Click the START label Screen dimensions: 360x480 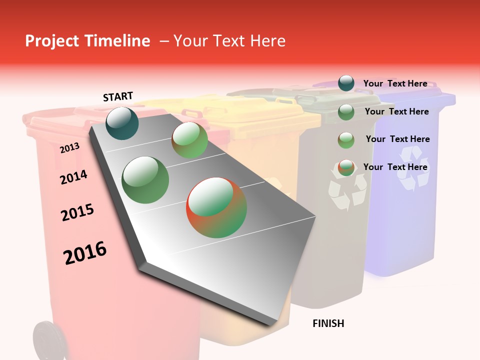tap(118, 96)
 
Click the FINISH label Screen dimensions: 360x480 tap(328, 323)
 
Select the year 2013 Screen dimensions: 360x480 tap(69, 147)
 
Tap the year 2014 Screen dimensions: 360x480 tap(73, 177)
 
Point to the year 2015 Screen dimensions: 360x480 tap(77, 212)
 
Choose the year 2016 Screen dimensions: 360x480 tap(85, 253)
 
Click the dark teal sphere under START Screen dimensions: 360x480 tap(122, 123)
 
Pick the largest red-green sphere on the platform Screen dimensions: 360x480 tap(216, 207)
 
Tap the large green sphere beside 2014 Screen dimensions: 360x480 tap(145, 180)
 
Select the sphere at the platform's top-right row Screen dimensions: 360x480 tap(190, 140)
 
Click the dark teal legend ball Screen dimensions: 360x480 tap(346, 83)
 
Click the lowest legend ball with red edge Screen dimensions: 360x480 tap(346, 168)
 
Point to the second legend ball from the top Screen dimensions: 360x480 tap(346, 112)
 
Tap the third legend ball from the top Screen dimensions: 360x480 tap(346, 140)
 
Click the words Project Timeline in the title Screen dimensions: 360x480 tap(87, 41)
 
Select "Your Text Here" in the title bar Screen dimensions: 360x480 tap(229, 41)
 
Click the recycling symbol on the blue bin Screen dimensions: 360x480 tap(413, 175)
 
